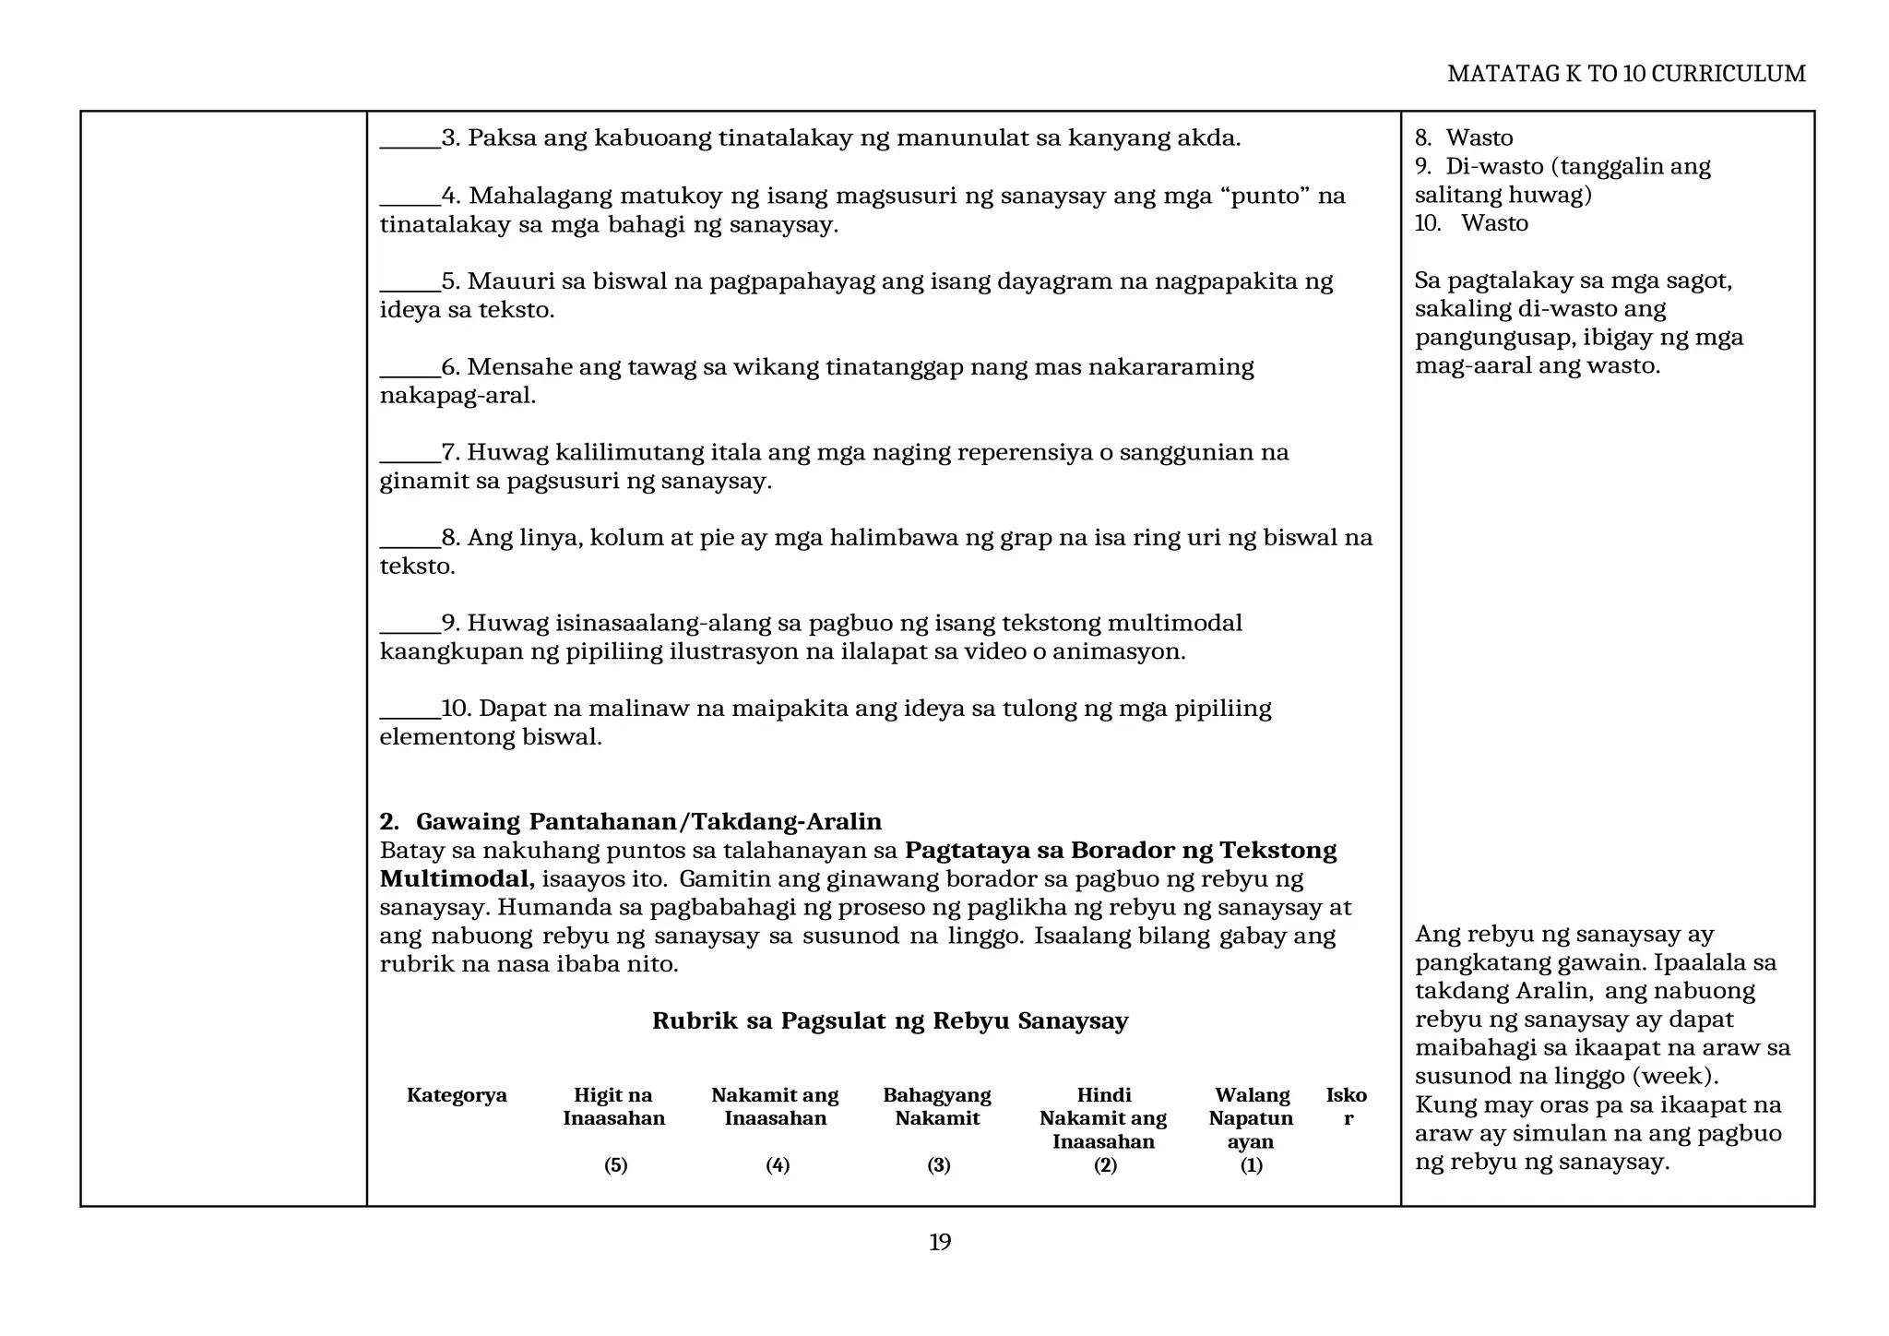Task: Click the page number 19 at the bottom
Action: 939,1242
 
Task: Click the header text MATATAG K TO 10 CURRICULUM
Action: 1625,74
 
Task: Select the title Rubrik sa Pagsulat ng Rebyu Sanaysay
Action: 889,1020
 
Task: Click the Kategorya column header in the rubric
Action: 457,1095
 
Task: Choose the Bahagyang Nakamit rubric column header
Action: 936,1106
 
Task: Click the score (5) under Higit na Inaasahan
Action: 615,1165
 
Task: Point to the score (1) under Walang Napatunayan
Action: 1251,1165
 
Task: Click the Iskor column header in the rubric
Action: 1347,1106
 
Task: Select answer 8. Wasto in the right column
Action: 1464,137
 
